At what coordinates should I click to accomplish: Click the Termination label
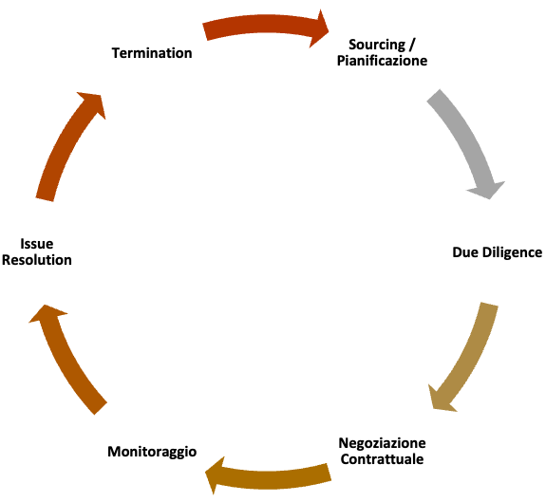pyautogui.click(x=152, y=53)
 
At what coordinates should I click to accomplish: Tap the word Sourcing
pyautogui.click(x=377, y=45)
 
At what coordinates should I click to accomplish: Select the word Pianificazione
pyautogui.click(x=382, y=61)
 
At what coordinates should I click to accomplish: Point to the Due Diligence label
pyautogui.click(x=497, y=252)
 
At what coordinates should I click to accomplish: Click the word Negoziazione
pyautogui.click(x=382, y=443)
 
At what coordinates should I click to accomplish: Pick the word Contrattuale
pyautogui.click(x=382, y=459)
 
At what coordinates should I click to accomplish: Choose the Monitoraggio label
pyautogui.click(x=152, y=452)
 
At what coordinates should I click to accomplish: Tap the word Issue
pyautogui.click(x=37, y=244)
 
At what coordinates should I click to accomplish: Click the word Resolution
pyautogui.click(x=37, y=260)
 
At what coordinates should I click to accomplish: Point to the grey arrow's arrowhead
pyautogui.click(x=487, y=190)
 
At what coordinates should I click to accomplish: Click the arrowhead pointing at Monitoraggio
pyautogui.click(x=215, y=475)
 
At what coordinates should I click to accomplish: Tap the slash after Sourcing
pyautogui.click(x=412, y=45)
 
